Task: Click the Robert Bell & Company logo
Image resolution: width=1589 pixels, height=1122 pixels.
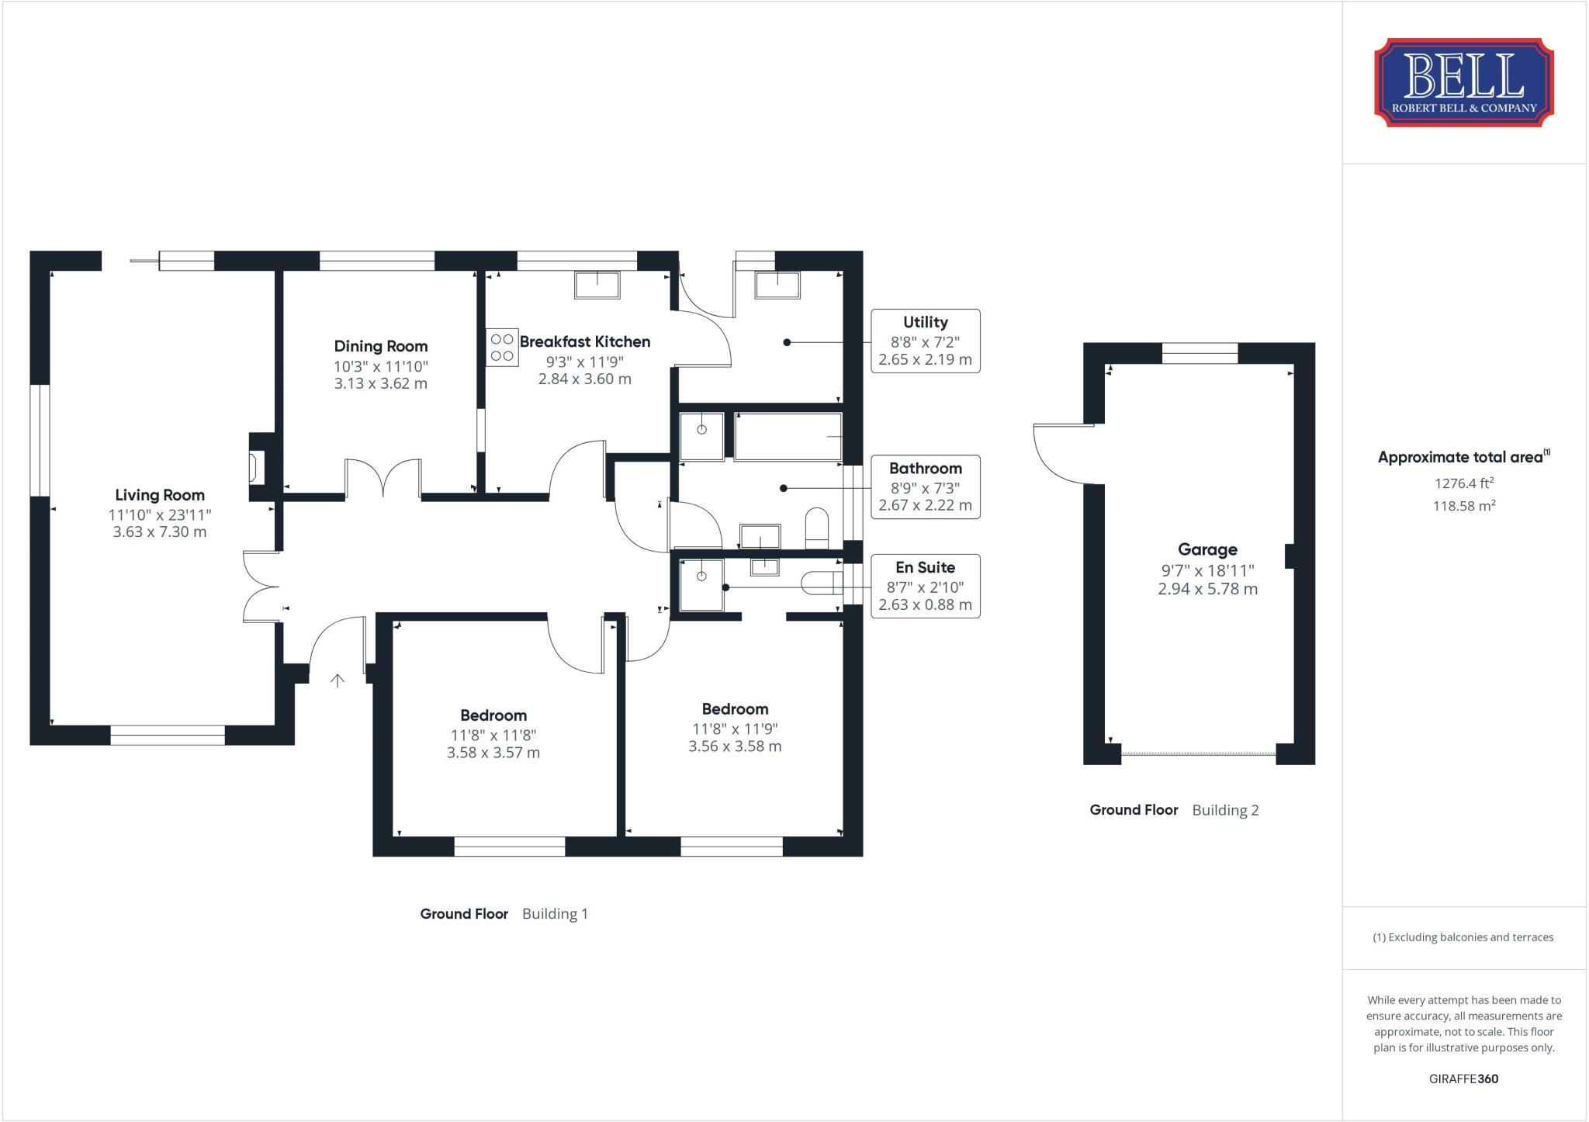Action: click(x=1463, y=82)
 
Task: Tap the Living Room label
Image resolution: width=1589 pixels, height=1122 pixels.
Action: click(x=160, y=495)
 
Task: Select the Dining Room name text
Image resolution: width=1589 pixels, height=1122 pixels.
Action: click(x=380, y=346)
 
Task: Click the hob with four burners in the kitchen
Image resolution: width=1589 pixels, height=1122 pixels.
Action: click(x=502, y=347)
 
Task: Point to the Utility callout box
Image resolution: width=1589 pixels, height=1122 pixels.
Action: click(x=925, y=341)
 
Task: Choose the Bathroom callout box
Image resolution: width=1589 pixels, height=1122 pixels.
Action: click(x=925, y=487)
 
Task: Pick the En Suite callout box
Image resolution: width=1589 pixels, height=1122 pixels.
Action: click(x=925, y=586)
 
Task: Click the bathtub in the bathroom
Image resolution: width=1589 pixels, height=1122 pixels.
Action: click(x=788, y=437)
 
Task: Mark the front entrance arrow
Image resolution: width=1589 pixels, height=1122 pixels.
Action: click(x=338, y=680)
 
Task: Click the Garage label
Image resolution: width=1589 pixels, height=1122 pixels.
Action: click(x=1207, y=549)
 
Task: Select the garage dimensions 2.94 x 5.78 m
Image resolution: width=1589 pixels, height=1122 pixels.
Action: click(x=1207, y=589)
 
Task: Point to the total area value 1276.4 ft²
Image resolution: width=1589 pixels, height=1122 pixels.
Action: click(x=1463, y=483)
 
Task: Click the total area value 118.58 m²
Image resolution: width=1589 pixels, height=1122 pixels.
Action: click(x=1463, y=506)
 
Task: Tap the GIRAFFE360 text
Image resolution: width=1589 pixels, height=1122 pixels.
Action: click(x=1463, y=1079)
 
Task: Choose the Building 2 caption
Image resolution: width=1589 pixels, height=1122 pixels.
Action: click(x=1225, y=810)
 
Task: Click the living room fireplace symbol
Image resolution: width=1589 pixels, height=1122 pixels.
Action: click(x=254, y=468)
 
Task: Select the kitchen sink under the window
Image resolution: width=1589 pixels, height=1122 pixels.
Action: click(x=597, y=285)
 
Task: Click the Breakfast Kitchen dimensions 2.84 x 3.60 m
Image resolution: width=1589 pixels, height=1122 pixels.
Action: click(x=584, y=379)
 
